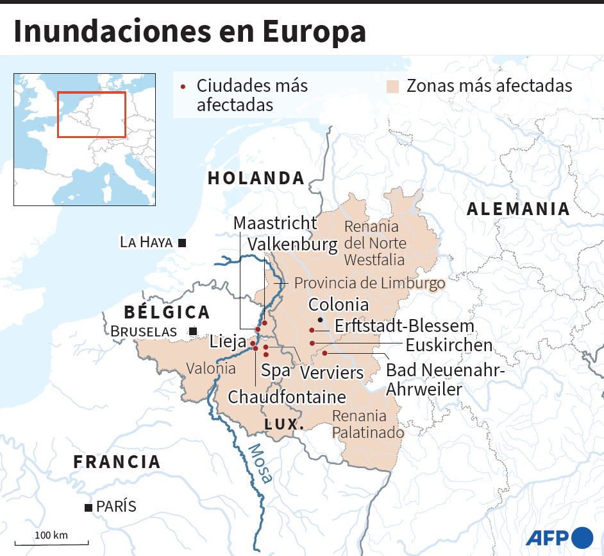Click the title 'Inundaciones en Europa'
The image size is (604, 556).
[189, 32]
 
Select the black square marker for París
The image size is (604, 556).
[88, 508]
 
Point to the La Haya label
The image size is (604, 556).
[146, 242]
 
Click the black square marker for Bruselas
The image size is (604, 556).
[192, 331]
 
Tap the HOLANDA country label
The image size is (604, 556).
[256, 178]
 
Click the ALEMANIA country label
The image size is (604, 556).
[518, 209]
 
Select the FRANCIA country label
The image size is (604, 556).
[117, 461]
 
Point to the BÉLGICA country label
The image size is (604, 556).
[167, 312]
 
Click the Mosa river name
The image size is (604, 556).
[260, 463]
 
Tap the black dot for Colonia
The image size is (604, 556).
[320, 319]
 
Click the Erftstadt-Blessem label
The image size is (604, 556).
[404, 326]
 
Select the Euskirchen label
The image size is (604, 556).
[449, 345]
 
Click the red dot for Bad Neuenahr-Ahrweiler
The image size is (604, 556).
[324, 353]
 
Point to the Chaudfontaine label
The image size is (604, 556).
[287, 396]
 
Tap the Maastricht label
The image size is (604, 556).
[275, 223]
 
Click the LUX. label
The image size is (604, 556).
[284, 424]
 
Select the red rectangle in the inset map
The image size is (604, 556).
[92, 114]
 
